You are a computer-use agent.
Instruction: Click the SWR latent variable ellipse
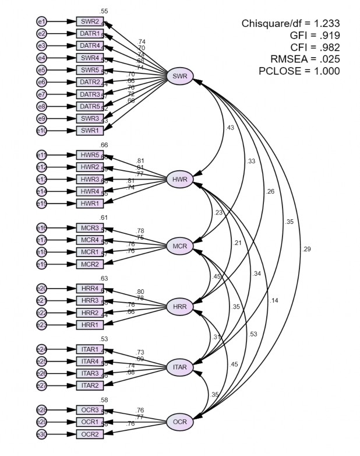tap(180, 76)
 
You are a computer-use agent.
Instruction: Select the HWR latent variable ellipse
tap(180, 179)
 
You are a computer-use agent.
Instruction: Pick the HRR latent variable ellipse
tap(180, 307)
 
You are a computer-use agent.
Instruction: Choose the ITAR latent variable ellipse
tap(180, 367)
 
